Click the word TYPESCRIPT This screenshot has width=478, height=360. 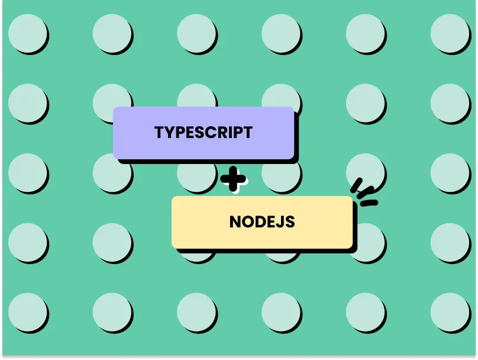[204, 132]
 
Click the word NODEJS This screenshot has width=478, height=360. [261, 222]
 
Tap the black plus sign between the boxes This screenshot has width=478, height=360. [232, 179]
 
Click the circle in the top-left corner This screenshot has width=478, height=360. [27, 33]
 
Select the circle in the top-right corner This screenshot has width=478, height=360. [450, 33]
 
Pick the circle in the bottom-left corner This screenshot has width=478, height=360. [27, 312]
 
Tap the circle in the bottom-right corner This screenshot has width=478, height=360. [450, 312]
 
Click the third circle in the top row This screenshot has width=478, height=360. [196, 33]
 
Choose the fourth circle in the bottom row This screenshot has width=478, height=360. [281, 312]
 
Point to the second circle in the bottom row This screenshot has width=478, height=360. [112, 312]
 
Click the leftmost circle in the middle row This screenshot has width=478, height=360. [27, 172]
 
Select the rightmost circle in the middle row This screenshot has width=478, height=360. [450, 172]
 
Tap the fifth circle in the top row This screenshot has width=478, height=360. [365, 33]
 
